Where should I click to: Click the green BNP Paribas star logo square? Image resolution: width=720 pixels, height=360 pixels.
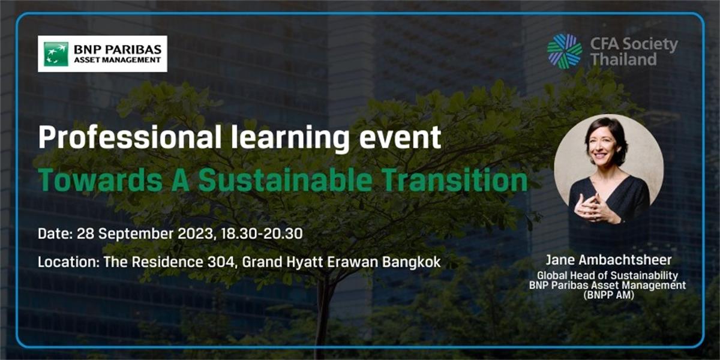point(56,53)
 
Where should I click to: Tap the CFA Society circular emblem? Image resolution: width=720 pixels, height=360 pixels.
point(564,51)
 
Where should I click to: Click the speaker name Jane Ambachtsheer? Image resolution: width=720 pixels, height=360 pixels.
point(607,262)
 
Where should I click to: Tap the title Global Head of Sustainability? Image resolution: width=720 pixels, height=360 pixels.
point(607,276)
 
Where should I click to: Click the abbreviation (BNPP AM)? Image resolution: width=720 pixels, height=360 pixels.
point(607,295)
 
